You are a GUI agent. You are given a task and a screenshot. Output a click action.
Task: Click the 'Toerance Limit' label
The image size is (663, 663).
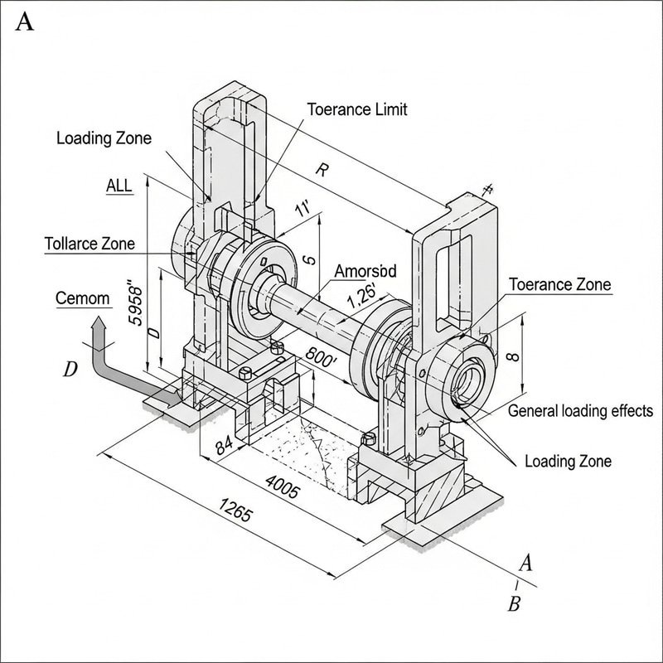(357, 109)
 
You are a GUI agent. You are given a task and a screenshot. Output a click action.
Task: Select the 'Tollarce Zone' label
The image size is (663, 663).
(89, 244)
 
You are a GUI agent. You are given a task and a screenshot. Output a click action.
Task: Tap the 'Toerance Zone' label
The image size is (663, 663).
(559, 284)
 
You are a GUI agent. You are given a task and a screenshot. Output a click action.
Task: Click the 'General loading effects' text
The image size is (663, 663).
(580, 410)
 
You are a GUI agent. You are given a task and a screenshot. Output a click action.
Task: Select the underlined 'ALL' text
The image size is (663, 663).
(119, 186)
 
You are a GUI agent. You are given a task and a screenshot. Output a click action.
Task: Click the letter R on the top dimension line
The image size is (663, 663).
(321, 171)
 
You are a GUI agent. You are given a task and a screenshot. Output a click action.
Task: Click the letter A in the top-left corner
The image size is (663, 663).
(25, 22)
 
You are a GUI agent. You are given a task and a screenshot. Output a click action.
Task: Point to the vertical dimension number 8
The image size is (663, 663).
(511, 358)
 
